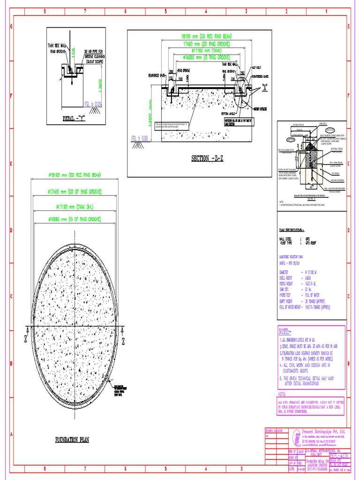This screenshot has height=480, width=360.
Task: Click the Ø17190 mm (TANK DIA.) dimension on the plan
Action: coord(76,207)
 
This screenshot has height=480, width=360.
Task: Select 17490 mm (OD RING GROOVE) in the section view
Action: coord(206,44)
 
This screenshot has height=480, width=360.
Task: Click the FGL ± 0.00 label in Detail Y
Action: coord(93,105)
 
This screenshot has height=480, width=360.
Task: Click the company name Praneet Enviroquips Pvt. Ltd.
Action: coord(319,431)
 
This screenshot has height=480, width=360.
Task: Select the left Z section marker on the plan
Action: coord(25,338)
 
